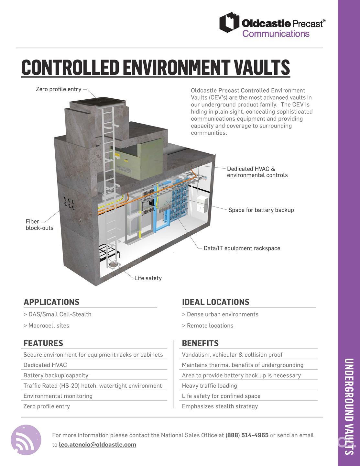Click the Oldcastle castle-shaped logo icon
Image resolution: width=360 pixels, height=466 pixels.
pos(229,23)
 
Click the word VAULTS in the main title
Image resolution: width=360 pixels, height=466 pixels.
pos(262,67)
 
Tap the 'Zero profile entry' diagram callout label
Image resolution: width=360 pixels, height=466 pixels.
pos(59,89)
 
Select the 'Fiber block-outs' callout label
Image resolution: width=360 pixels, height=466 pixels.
pos(39,225)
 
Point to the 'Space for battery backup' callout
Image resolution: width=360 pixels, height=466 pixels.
pos(261,210)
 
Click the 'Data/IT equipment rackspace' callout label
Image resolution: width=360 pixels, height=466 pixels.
pos(242,248)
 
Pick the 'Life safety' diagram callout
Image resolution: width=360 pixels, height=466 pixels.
pos(148,278)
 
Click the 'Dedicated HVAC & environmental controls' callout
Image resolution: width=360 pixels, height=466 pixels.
pos(257,172)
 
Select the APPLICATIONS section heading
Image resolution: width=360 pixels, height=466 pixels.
pos(51,302)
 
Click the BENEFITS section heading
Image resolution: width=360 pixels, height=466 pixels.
pos(200,343)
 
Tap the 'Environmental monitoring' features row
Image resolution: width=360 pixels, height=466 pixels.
pos(58,396)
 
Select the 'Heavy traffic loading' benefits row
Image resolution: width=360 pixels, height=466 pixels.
pos(209,385)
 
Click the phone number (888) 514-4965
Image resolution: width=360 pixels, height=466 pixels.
pos(247,435)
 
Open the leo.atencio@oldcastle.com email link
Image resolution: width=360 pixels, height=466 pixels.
pos(97,445)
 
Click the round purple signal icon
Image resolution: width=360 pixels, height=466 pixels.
pos(26,440)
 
